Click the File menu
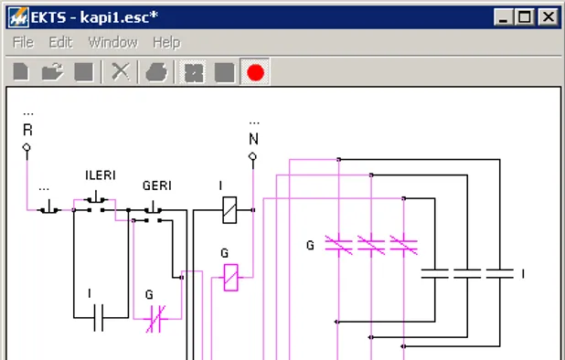[23, 42]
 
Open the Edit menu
[60, 42]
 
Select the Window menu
[112, 42]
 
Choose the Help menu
[166, 42]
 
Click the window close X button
[548, 16]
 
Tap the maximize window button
[525, 16]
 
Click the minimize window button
[504, 16]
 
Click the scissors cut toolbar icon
[120, 72]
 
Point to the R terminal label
[27, 130]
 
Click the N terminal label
[253, 139]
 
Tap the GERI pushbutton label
[157, 185]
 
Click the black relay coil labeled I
[231, 210]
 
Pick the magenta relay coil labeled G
[231, 277]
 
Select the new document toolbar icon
[22, 72]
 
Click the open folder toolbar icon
[52, 72]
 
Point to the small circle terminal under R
[27, 146]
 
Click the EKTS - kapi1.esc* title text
[94, 16]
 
